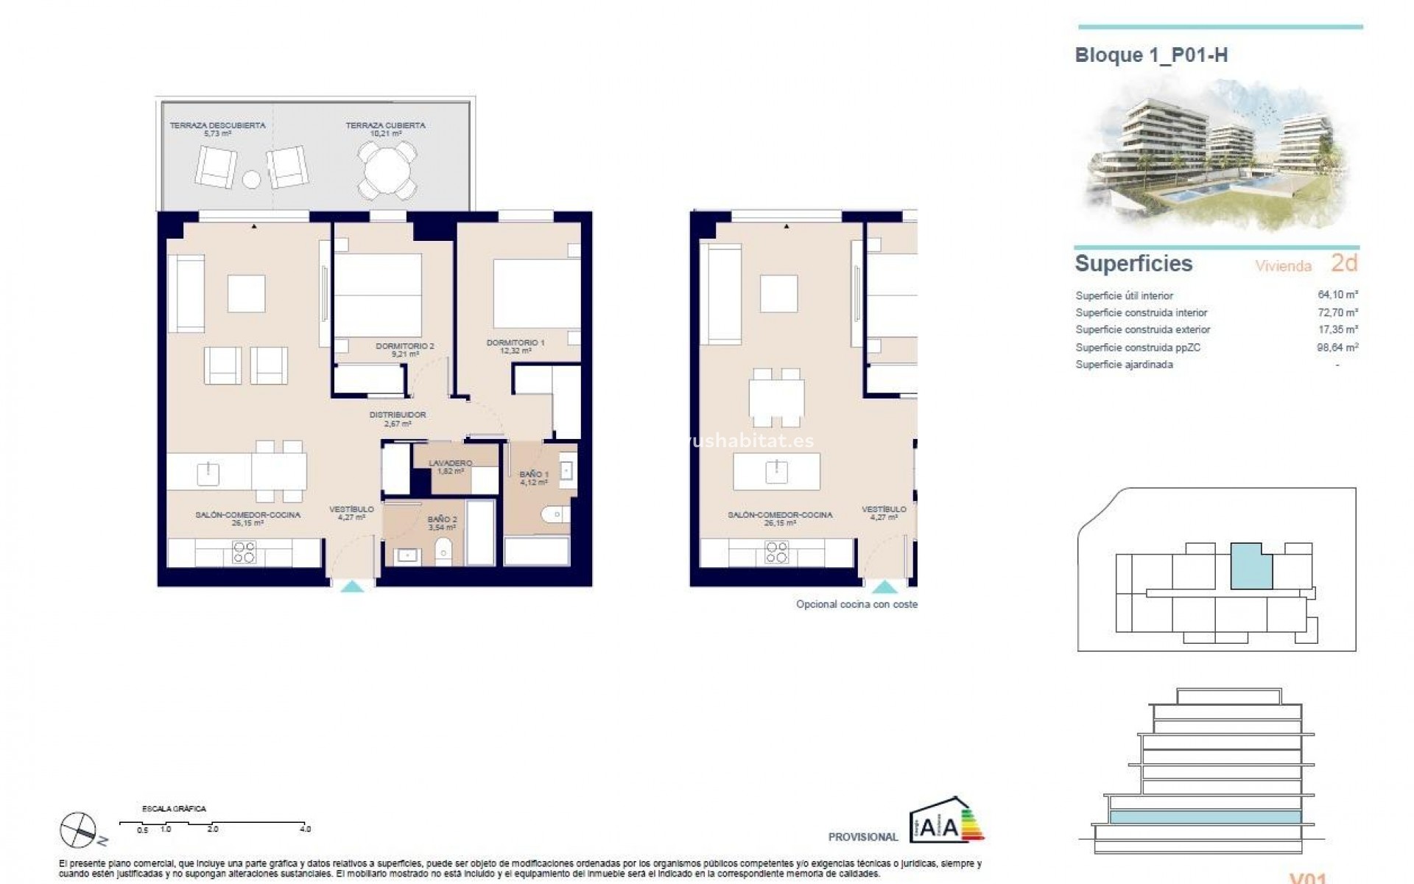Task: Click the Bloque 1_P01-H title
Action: click(1151, 55)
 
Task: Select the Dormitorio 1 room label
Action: click(516, 346)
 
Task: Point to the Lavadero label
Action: click(450, 466)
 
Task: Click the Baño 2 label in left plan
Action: click(442, 523)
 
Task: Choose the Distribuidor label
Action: click(398, 418)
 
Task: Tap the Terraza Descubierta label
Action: click(217, 129)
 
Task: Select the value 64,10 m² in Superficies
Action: click(1337, 295)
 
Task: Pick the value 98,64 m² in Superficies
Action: click(1337, 347)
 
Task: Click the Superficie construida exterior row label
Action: click(1142, 330)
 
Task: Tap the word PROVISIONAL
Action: click(863, 837)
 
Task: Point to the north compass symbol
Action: click(80, 829)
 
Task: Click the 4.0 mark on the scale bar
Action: click(305, 829)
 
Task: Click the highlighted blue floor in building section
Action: click(1205, 817)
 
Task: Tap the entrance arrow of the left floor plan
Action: click(353, 586)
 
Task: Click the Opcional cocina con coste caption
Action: click(857, 604)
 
